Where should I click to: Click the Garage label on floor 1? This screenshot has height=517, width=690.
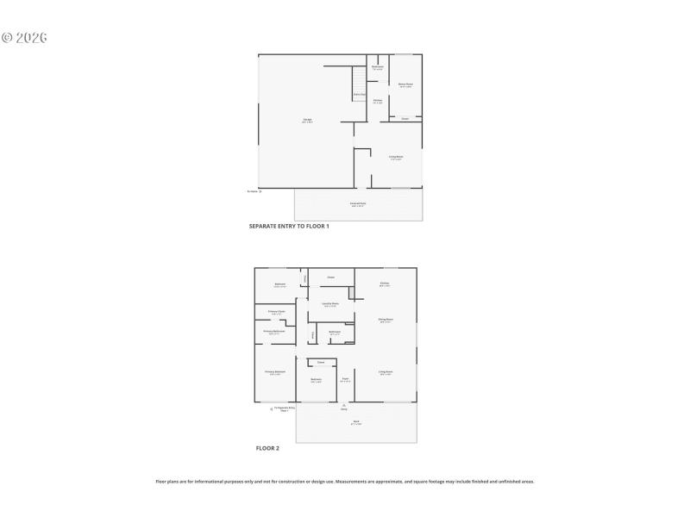click(x=307, y=119)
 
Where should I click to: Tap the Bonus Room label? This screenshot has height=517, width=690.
click(x=405, y=84)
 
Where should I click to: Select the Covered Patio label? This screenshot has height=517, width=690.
click(x=358, y=203)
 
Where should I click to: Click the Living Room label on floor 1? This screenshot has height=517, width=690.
click(x=396, y=156)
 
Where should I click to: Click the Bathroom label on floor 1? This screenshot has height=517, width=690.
click(x=377, y=67)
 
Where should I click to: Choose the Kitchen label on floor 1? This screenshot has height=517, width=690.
click(x=378, y=100)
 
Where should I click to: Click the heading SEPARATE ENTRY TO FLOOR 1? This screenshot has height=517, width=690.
click(x=289, y=226)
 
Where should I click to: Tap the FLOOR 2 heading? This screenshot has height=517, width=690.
click(x=267, y=448)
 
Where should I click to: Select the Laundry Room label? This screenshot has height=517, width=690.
click(x=330, y=303)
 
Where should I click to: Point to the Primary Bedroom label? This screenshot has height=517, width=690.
click(x=275, y=371)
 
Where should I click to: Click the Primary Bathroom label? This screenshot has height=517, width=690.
click(x=275, y=331)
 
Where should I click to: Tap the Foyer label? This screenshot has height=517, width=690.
click(x=344, y=378)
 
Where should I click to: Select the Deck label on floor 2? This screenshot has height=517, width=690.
click(x=355, y=421)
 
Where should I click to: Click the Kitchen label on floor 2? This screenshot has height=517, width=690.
click(x=385, y=283)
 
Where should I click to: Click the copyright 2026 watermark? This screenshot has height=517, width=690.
click(x=23, y=38)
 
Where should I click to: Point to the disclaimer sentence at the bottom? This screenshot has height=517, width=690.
click(x=345, y=482)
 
